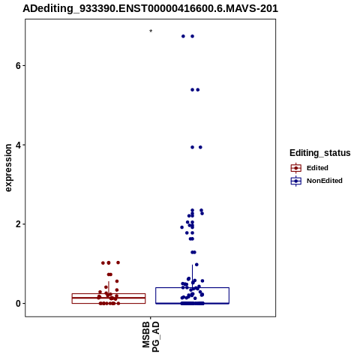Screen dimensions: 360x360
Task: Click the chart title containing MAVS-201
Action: pyautogui.click(x=150, y=8)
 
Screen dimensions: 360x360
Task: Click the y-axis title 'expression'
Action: pyautogui.click(x=8, y=168)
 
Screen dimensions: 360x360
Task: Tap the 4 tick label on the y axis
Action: pyautogui.click(x=18, y=145)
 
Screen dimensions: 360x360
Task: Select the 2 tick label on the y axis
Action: pyautogui.click(x=18, y=224)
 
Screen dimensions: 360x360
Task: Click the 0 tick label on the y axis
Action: pyautogui.click(x=18, y=304)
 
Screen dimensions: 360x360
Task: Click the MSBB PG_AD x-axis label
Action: pyautogui.click(x=151, y=337)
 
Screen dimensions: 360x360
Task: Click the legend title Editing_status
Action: pyautogui.click(x=320, y=153)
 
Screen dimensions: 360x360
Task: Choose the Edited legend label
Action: pyautogui.click(x=317, y=168)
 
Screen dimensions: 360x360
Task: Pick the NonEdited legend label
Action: pyautogui.click(x=325, y=181)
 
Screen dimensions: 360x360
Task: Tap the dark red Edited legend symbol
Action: pyautogui.click(x=296, y=168)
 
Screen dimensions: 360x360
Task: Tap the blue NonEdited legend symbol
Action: pyautogui.click(x=296, y=181)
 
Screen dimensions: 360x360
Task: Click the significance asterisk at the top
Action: pyautogui.click(x=151, y=31)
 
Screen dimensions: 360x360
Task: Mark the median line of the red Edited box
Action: pyautogui.click(x=109, y=298)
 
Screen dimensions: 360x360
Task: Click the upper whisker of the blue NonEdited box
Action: pyautogui.click(x=192, y=276)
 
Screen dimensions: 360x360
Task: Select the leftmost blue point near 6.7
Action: pyautogui.click(x=183, y=36)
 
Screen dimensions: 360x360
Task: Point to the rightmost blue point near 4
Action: pyautogui.click(x=200, y=147)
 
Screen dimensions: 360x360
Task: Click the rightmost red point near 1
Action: pyautogui.click(x=118, y=262)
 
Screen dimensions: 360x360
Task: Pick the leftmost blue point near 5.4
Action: pyautogui.click(x=192, y=90)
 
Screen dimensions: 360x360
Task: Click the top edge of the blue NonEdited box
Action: pyautogui.click(x=192, y=288)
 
